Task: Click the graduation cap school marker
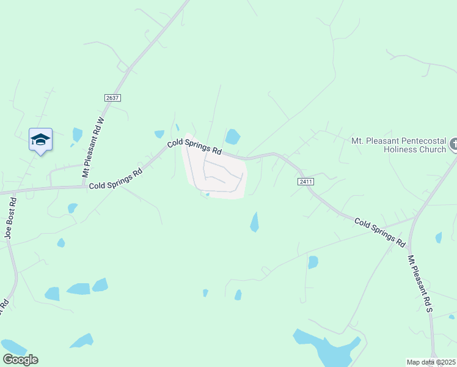point(40,139)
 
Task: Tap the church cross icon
point(453,145)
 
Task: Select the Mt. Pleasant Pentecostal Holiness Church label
point(400,144)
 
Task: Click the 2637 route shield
point(112,98)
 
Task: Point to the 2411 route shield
point(306,182)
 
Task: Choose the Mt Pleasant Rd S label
point(421,284)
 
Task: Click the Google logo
point(20,360)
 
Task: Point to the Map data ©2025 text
point(431,362)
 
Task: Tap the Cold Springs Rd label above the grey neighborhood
point(194,147)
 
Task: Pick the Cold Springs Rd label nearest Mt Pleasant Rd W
point(116,178)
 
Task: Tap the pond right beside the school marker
point(77,135)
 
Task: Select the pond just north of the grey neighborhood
point(233,136)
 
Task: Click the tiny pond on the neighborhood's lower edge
point(208,195)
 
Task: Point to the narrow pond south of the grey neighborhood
point(254,222)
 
